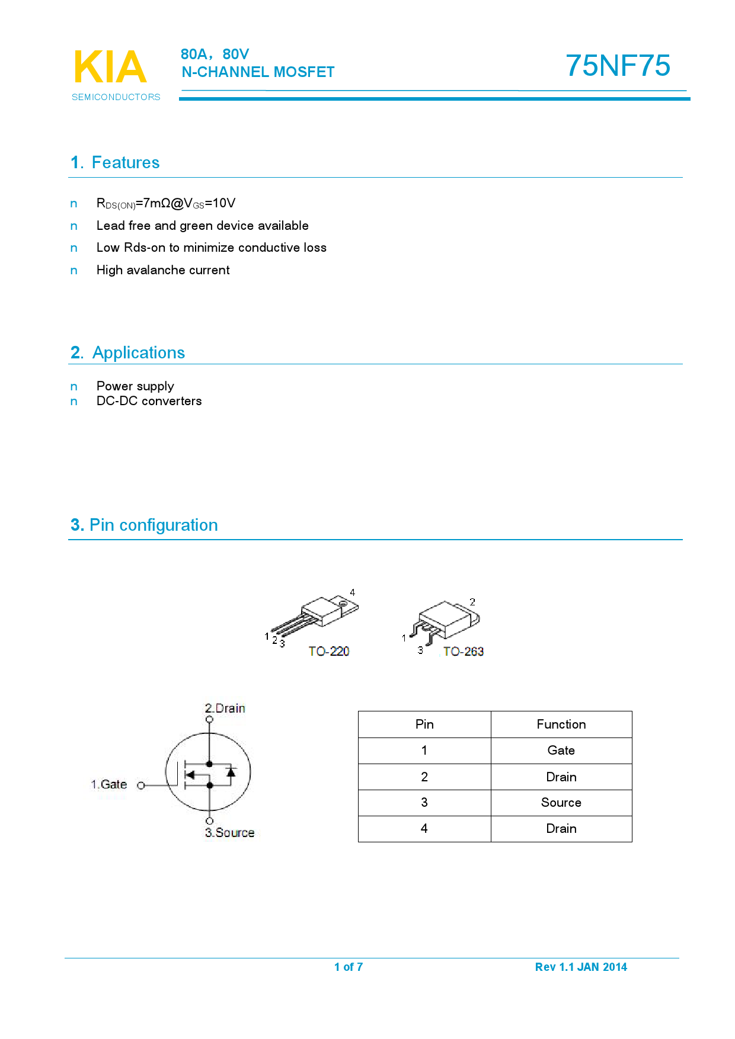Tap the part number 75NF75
(x=618, y=66)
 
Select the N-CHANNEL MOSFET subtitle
(x=258, y=72)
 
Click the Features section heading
(x=115, y=162)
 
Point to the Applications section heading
(x=127, y=352)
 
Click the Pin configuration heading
(x=144, y=525)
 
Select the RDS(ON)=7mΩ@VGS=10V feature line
(x=166, y=203)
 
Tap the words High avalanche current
(x=163, y=270)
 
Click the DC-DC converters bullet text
(x=149, y=401)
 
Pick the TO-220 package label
(x=329, y=652)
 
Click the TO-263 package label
(x=463, y=652)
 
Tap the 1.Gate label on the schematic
(x=109, y=784)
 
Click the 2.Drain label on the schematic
(x=225, y=708)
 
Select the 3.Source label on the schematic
(x=229, y=833)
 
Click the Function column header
(x=561, y=724)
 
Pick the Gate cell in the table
(x=561, y=751)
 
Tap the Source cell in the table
(x=561, y=803)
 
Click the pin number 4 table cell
(x=424, y=829)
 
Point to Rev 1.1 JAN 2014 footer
(x=581, y=967)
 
